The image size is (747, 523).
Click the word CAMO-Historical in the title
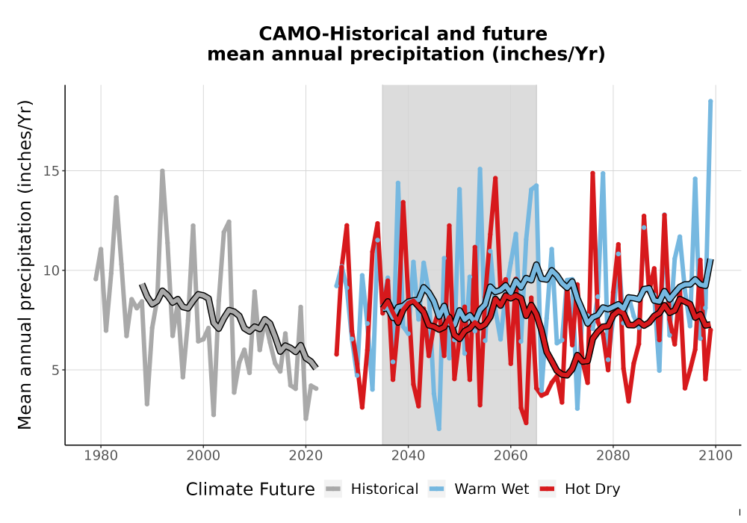(344, 34)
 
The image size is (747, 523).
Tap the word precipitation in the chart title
(418, 55)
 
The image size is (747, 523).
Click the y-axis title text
(25, 264)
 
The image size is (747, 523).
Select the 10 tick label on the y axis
(49, 270)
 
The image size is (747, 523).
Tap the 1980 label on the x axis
(101, 456)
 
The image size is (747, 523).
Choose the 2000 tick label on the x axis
(203, 456)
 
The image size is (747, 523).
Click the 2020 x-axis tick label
(306, 456)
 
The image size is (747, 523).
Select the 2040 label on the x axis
(408, 456)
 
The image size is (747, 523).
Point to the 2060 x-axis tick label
(510, 456)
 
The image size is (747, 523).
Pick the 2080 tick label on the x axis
(613, 456)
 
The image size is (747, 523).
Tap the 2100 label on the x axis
(715, 456)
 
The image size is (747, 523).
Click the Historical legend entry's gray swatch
(333, 489)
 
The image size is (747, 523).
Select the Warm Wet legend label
(492, 489)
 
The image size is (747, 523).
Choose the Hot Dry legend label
(592, 489)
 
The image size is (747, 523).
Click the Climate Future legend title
(250, 489)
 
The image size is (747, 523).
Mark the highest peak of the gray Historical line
(162, 171)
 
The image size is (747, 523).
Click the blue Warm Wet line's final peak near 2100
(710, 101)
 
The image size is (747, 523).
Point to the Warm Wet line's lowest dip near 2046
(438, 428)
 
